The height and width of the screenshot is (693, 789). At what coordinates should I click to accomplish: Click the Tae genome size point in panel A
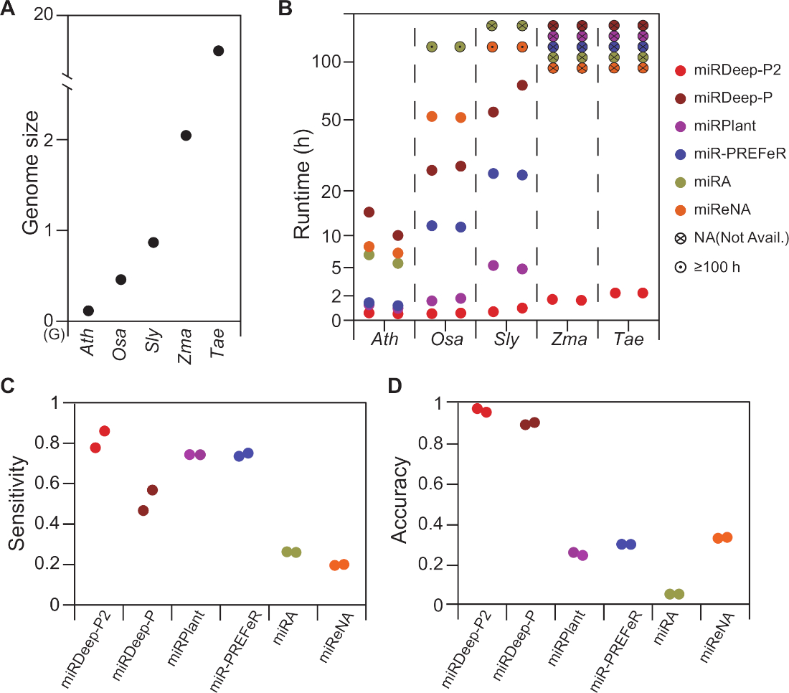click(218, 50)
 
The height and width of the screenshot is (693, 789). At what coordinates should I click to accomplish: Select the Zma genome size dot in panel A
click(186, 136)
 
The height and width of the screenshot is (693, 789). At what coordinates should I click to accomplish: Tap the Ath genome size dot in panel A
click(88, 311)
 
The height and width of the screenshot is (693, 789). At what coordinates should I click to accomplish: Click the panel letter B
click(285, 9)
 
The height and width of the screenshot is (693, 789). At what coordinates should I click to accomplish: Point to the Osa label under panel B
click(445, 339)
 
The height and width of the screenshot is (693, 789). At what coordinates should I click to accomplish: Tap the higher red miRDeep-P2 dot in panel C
click(105, 430)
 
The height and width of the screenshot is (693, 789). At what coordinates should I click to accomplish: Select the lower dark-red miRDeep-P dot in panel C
click(143, 511)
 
